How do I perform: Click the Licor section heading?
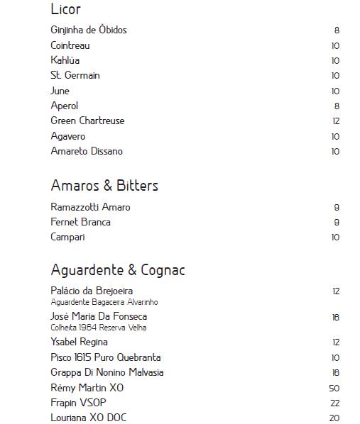pyautogui.click(x=66, y=10)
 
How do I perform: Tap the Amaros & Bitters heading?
pyautogui.click(x=104, y=186)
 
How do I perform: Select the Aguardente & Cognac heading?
pyautogui.click(x=118, y=270)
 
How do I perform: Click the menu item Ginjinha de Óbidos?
pyautogui.click(x=89, y=30)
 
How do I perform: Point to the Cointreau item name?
pyautogui.click(x=70, y=45)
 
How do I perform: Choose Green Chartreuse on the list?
pyautogui.click(x=87, y=121)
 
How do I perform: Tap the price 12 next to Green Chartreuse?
pyautogui.click(x=336, y=121)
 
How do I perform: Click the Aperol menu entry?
pyautogui.click(x=65, y=106)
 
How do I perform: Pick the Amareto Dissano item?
pyautogui.click(x=87, y=151)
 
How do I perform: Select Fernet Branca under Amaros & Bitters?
pyautogui.click(x=80, y=222)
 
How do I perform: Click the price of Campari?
pyautogui.click(x=335, y=238)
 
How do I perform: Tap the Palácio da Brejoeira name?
pyautogui.click(x=92, y=291)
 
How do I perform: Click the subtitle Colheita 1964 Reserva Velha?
pyautogui.click(x=99, y=328)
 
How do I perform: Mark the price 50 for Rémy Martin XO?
pyautogui.click(x=334, y=389)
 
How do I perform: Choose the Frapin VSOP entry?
pyautogui.click(x=79, y=403)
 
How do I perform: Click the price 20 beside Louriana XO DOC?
pyautogui.click(x=334, y=418)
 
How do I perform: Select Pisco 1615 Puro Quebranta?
pyautogui.click(x=106, y=357)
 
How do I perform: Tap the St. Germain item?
pyautogui.click(x=75, y=75)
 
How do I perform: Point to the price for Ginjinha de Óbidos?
pyautogui.click(x=337, y=30)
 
